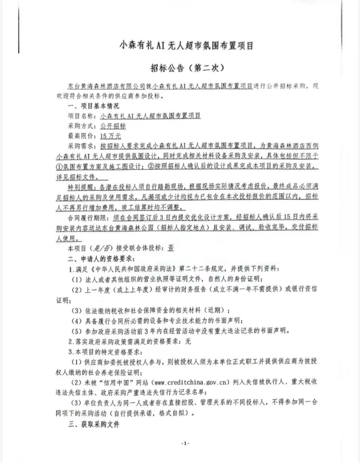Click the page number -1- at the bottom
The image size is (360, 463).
(x=185, y=444)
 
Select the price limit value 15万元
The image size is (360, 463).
(x=110, y=136)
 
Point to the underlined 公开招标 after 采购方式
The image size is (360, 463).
(x=113, y=126)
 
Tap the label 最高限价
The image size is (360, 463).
(x=81, y=136)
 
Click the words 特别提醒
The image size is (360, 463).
(x=81, y=187)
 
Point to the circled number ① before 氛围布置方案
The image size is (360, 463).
(x=58, y=167)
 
